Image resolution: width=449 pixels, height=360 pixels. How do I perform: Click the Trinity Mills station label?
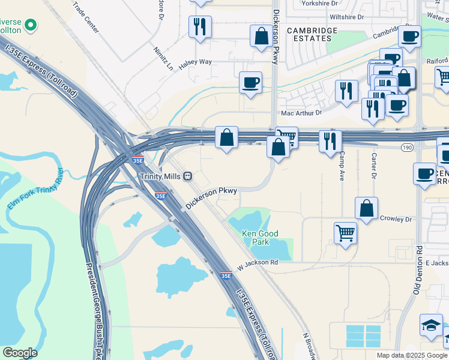[x=160, y=176]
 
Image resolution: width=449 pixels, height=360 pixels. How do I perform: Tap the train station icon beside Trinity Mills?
[x=188, y=176]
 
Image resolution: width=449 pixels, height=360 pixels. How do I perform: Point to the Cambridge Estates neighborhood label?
[x=309, y=34]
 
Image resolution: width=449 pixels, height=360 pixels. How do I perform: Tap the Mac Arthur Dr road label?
[x=302, y=113]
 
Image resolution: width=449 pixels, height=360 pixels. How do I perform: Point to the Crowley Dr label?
[x=396, y=219]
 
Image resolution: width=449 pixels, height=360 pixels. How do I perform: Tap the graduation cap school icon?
[x=431, y=325]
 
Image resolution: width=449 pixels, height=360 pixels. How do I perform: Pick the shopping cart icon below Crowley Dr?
[x=345, y=232]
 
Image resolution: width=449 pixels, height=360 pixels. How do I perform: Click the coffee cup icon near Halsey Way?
[x=250, y=82]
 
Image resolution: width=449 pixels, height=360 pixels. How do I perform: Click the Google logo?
[x=20, y=353]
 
